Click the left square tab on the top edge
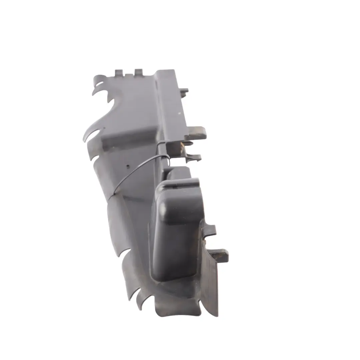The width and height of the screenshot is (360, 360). pos(119,72)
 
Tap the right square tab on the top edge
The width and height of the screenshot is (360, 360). pos(139,72)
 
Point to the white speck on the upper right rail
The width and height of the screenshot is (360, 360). pos(179,114)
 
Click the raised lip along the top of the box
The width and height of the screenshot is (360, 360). pos(182,183)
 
